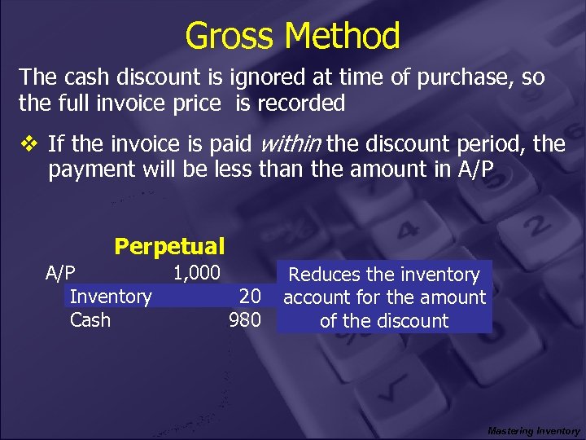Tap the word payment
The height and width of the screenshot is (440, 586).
pyautogui.click(x=85, y=170)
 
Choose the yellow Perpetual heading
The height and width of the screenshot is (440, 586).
pyautogui.click(x=169, y=245)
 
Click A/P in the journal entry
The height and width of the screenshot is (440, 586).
pyautogui.click(x=60, y=271)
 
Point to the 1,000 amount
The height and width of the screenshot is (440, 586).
pyautogui.click(x=196, y=271)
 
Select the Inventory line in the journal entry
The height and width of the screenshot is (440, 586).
pyautogui.click(x=111, y=296)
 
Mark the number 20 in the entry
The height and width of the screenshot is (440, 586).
pyautogui.click(x=249, y=297)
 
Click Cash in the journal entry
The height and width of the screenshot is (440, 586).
pyautogui.click(x=90, y=320)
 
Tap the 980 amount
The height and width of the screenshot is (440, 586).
pyautogui.click(x=245, y=320)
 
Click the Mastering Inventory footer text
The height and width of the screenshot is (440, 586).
pyautogui.click(x=533, y=430)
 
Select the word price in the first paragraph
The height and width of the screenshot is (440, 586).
pyautogui.click(x=193, y=103)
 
